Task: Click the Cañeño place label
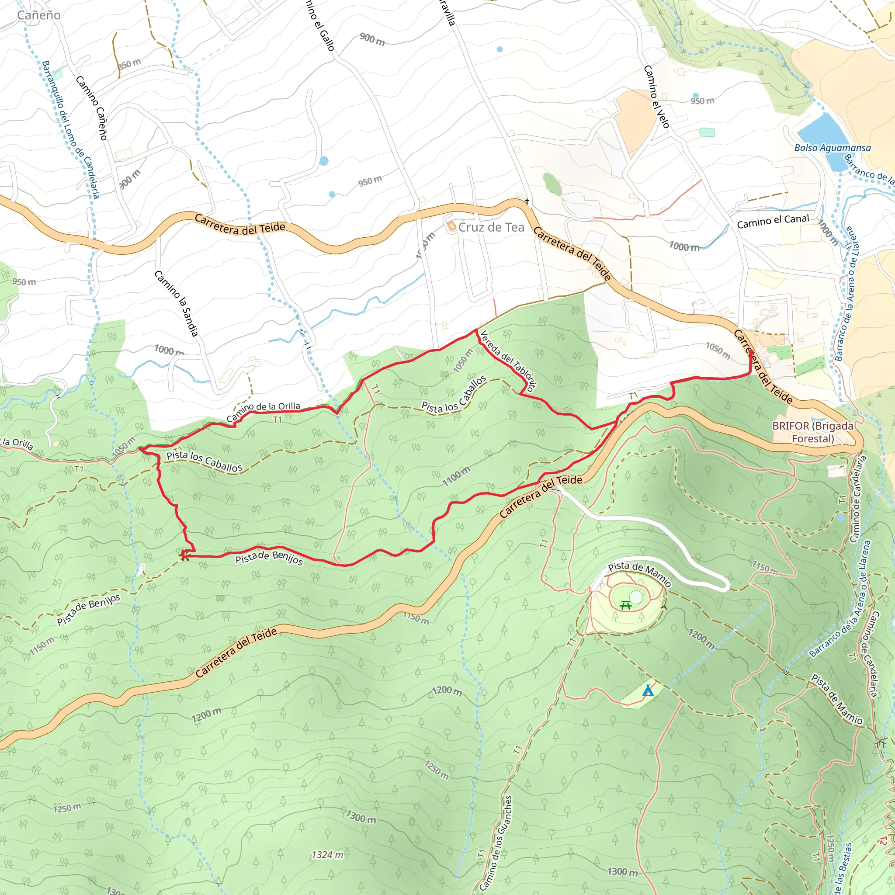coord(39,15)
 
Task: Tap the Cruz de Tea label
coord(491,227)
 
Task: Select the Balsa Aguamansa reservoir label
coord(833,148)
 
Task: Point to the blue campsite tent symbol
coord(648,691)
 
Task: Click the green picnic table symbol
coord(626,605)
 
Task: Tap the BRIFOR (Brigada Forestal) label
coord(812,432)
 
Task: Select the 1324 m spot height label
coord(327,855)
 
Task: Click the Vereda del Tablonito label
coord(508,361)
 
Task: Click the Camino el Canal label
coord(773,222)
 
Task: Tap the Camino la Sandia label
coord(177,303)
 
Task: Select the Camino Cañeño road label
coord(92,108)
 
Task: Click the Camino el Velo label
coord(656,96)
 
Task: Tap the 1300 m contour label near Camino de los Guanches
coord(622,872)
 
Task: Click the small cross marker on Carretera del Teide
coord(527,201)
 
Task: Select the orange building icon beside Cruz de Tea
coord(452,226)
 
